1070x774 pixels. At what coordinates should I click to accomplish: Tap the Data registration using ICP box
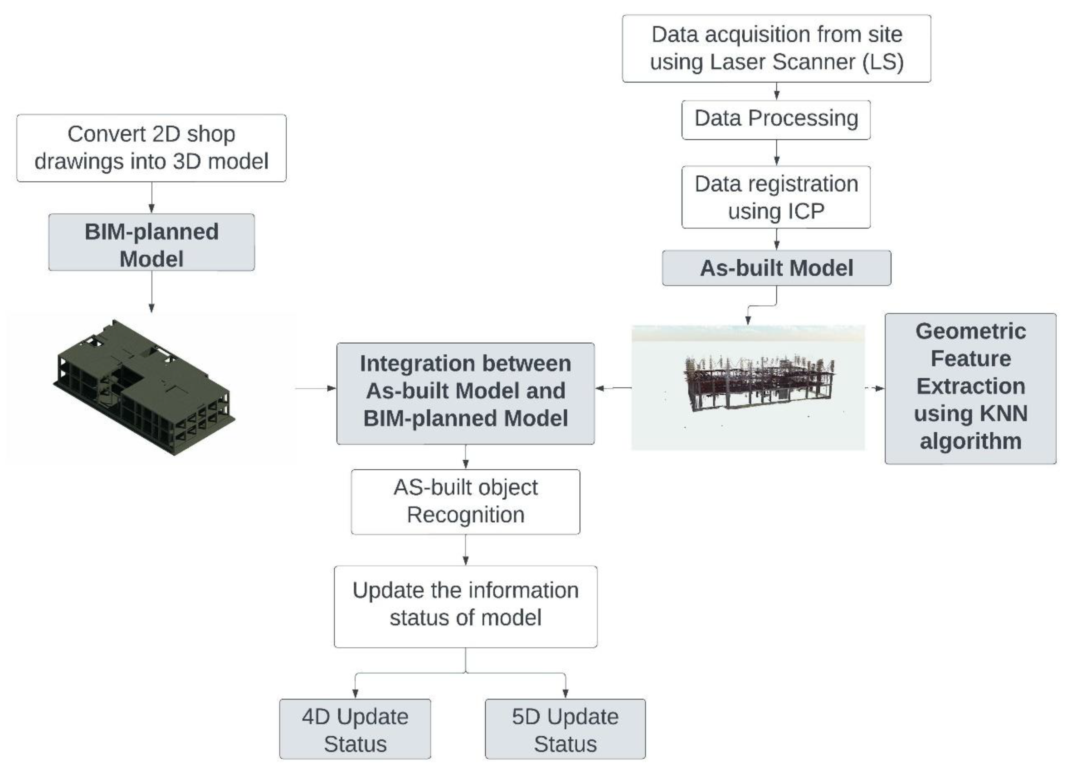coord(776,197)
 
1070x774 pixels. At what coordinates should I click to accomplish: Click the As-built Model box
coord(776,268)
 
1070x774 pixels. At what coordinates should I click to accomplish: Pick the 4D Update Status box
coord(355,729)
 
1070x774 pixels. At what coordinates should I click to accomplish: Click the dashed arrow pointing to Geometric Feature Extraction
coord(875,388)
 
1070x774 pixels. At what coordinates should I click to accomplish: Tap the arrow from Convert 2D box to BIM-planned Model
coord(152,198)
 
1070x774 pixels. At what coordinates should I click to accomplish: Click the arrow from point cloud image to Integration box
coord(613,388)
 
